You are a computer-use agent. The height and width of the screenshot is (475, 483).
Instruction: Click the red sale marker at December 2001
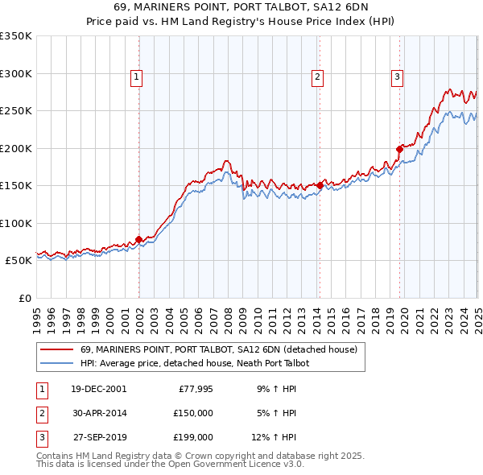tap(138, 239)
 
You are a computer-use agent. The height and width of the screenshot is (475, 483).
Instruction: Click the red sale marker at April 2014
tap(320, 185)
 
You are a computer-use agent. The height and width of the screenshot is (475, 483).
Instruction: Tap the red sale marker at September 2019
tap(399, 148)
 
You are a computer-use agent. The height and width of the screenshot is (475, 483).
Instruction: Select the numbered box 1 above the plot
tap(137, 77)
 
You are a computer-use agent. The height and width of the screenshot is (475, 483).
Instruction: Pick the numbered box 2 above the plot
tap(318, 77)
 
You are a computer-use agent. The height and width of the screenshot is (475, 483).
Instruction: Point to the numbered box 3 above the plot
tap(398, 77)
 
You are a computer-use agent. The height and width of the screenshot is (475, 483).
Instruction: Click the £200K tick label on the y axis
tap(15, 148)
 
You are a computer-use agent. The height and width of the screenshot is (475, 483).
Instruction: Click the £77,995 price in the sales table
tap(195, 388)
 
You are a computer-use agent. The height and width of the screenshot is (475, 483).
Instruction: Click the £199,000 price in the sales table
tap(193, 438)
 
